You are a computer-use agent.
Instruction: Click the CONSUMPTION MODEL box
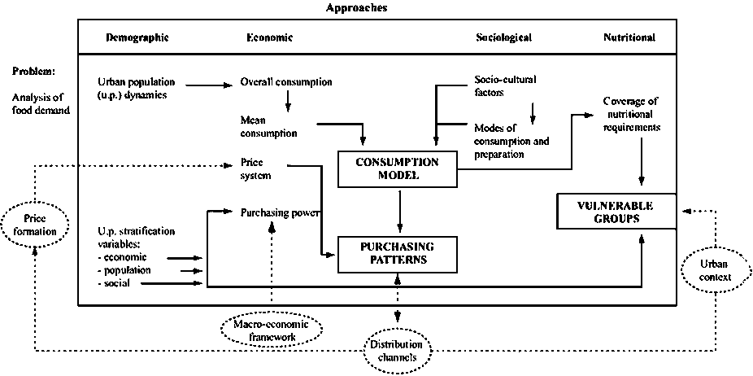[x=398, y=168]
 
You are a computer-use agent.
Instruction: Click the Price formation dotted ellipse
[x=33, y=225]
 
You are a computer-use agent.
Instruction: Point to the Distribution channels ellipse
[x=396, y=351]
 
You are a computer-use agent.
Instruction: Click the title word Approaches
[x=355, y=8]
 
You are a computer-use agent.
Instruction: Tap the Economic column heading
[x=269, y=37]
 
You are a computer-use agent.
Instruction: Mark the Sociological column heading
[x=503, y=37]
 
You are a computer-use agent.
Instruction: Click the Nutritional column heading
[x=629, y=37]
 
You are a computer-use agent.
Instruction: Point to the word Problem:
[x=33, y=72]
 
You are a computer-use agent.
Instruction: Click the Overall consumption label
[x=286, y=82]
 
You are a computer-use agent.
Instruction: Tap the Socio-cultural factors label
[x=504, y=86]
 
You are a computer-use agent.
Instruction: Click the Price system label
[x=256, y=168]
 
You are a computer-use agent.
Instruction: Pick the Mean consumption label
[x=263, y=125]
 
